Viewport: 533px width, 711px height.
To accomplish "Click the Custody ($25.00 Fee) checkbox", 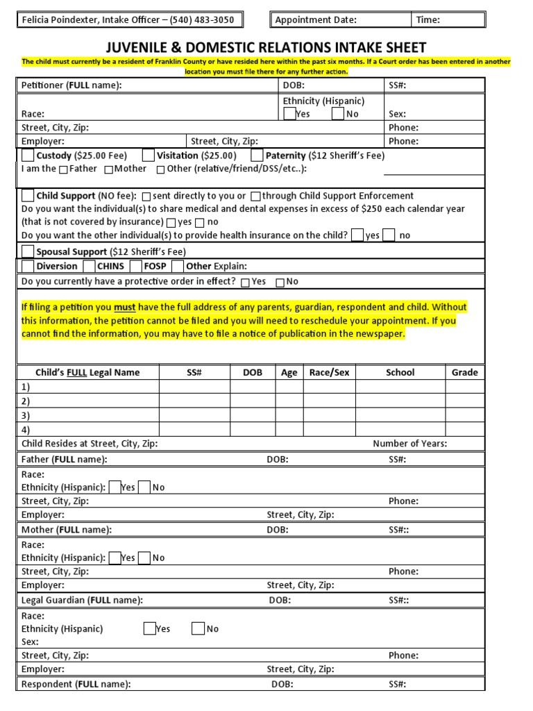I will tap(28, 156).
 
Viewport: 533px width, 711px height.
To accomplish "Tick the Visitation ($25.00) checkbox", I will tap(149, 156).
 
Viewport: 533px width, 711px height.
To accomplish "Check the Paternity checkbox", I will tap(257, 156).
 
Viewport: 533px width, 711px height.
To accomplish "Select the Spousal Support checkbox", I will tap(28, 251).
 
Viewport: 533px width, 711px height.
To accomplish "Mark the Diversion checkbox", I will tap(28, 266).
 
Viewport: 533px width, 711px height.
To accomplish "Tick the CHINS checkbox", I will tap(89, 266).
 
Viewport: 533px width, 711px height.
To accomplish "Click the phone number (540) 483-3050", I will tap(205, 19).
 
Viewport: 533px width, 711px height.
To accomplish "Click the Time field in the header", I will tap(448, 19).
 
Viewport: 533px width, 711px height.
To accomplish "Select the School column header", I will tap(400, 372).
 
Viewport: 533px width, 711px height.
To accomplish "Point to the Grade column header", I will tap(464, 372).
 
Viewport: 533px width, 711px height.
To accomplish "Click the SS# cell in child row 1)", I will tap(194, 387).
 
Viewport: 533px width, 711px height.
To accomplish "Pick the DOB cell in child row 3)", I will tap(253, 415).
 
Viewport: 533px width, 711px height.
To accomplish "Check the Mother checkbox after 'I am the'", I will tap(109, 169).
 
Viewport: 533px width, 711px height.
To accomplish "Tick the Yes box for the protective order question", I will tap(246, 282).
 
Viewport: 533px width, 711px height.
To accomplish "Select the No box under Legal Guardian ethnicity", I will tap(198, 628).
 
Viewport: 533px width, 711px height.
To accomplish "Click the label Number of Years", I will tap(409, 444).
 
